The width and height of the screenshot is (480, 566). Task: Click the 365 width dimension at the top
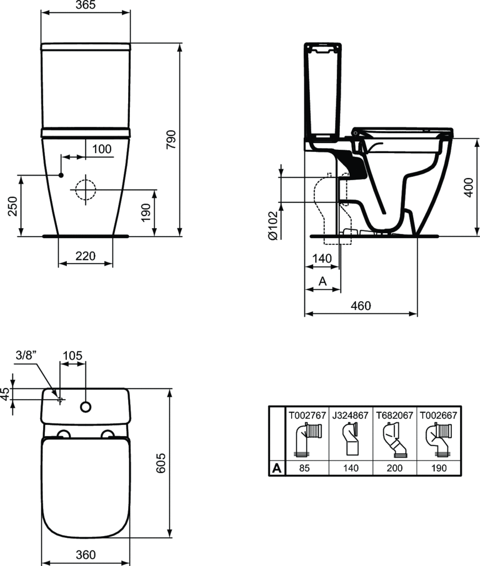[x=86, y=5]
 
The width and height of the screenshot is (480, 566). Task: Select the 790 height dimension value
[x=171, y=139]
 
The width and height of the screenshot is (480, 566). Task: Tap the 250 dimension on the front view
[x=13, y=206]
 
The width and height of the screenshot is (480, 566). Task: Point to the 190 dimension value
[x=146, y=213]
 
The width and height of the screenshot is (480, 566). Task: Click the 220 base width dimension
[x=86, y=256]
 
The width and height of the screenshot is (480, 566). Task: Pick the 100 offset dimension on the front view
[x=102, y=149]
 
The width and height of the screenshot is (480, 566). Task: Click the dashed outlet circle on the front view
[x=86, y=190]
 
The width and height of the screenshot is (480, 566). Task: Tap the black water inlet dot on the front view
[x=61, y=175]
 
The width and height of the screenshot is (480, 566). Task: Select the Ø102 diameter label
[x=273, y=226]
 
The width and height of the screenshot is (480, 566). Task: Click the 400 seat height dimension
[x=468, y=187]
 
